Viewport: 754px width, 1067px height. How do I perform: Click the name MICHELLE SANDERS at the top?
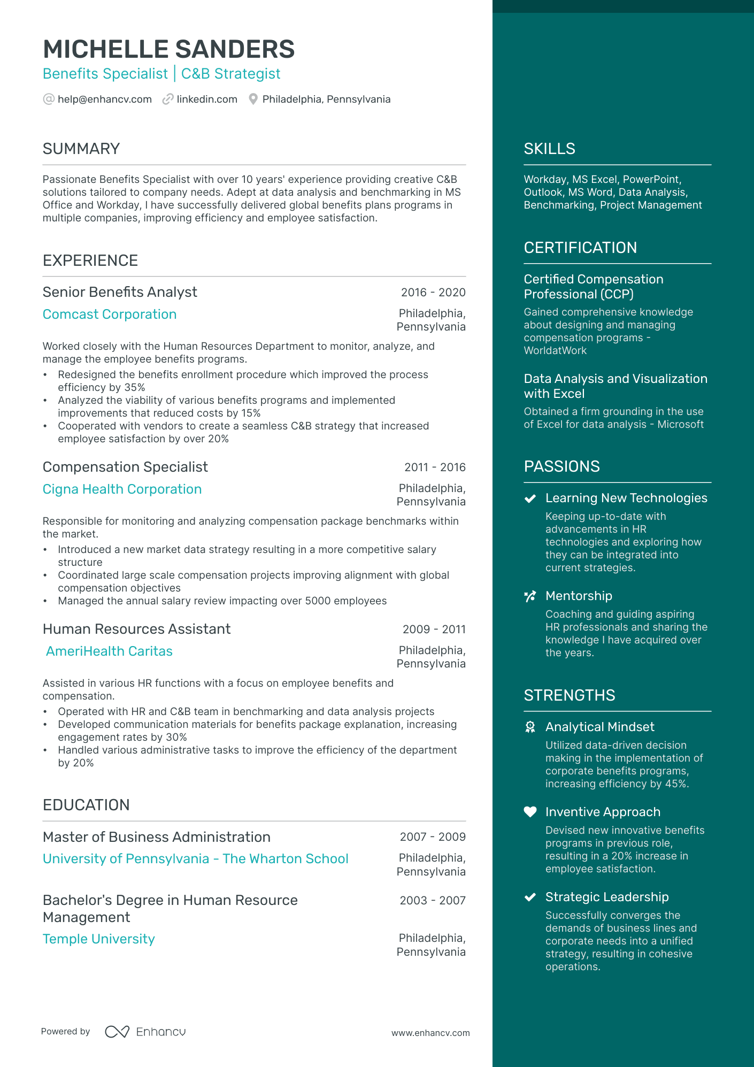click(168, 49)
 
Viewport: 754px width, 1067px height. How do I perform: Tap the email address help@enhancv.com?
click(105, 99)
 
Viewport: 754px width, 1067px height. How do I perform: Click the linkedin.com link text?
click(207, 99)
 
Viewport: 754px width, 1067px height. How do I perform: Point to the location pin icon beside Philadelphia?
click(253, 99)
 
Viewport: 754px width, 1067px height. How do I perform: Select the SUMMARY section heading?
click(81, 149)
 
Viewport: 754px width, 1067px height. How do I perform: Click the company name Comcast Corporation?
click(110, 314)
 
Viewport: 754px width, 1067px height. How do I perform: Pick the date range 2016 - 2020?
click(433, 293)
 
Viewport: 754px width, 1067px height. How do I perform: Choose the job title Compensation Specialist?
click(125, 467)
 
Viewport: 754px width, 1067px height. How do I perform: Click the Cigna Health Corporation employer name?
click(122, 489)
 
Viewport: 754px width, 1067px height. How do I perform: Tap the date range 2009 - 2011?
click(434, 630)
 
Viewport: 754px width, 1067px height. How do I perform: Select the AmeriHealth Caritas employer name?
click(109, 651)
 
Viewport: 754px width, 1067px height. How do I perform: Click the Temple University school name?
click(99, 939)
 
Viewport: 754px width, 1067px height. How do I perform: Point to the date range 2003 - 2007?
click(433, 901)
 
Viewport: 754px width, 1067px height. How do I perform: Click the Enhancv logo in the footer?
click(145, 1032)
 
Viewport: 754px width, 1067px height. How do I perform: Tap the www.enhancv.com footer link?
click(430, 1033)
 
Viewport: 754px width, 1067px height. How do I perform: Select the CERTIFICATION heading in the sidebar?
click(580, 248)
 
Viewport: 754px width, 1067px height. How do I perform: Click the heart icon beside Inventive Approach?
click(530, 812)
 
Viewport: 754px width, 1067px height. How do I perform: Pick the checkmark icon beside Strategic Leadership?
click(530, 897)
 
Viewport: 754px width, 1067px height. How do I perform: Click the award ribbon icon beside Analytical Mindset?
click(530, 727)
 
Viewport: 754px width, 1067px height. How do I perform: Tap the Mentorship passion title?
click(579, 596)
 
